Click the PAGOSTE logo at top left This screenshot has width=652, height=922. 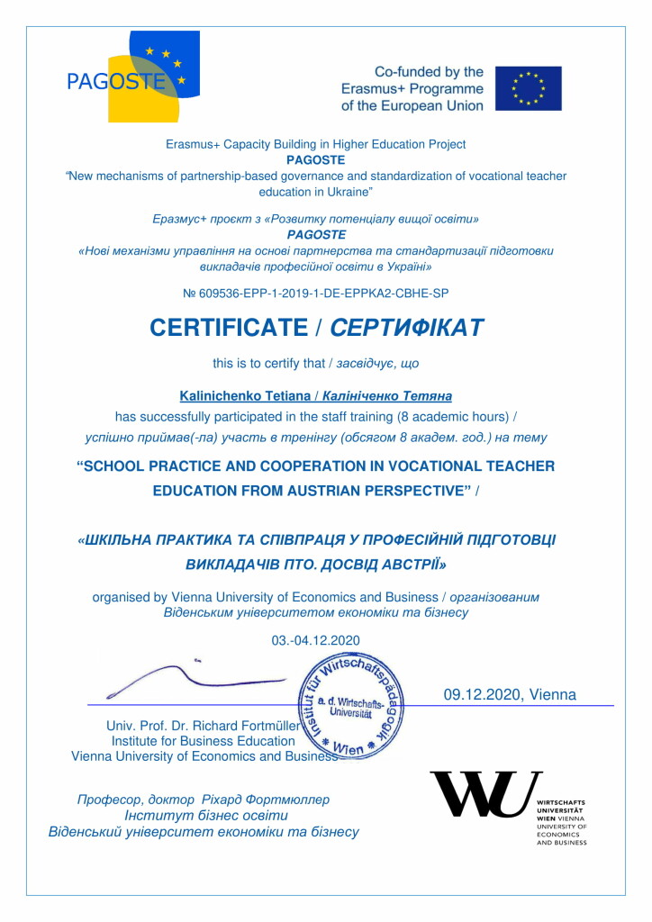pyautogui.click(x=132, y=77)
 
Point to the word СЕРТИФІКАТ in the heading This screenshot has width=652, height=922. pyautogui.click(x=407, y=328)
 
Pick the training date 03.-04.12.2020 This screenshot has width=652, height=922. pyautogui.click(x=315, y=640)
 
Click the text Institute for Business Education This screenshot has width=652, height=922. pyautogui.click(x=203, y=741)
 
